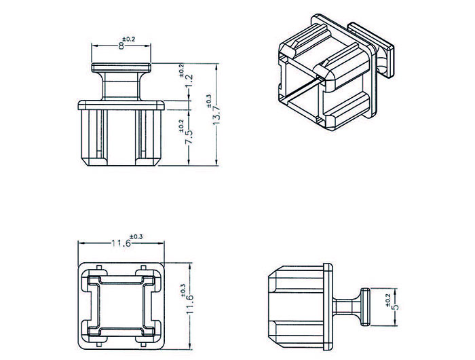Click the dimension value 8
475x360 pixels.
click(121, 46)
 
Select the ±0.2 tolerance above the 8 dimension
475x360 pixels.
click(129, 39)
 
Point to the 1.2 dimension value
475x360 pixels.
click(189, 81)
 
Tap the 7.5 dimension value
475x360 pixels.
click(189, 137)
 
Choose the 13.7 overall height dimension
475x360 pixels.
click(216, 116)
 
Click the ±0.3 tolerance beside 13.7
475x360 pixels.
click(209, 101)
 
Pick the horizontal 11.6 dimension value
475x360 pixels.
click(121, 243)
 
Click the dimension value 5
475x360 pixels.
click(395, 307)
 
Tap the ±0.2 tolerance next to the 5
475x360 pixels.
click(388, 300)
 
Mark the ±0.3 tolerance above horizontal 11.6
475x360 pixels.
click(136, 236)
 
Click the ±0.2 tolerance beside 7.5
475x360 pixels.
click(181, 126)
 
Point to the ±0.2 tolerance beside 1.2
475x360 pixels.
click(181, 71)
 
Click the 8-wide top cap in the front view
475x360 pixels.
click(121, 68)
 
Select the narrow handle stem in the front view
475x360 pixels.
click(121, 86)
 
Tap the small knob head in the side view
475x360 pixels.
click(365, 307)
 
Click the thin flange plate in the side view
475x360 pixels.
click(328, 307)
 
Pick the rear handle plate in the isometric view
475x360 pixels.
click(371, 50)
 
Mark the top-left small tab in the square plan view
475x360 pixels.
click(99, 267)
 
